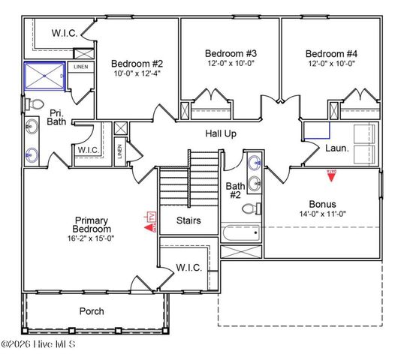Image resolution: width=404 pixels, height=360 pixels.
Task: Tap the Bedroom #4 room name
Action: click(330, 53)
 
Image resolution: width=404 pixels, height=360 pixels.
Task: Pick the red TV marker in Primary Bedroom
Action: click(148, 223)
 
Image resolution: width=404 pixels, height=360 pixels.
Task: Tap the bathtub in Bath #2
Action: click(243, 232)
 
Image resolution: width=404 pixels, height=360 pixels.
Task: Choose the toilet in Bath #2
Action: click(257, 209)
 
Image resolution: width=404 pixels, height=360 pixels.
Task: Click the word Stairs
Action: click(188, 220)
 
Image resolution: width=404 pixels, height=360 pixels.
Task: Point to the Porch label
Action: click(92, 310)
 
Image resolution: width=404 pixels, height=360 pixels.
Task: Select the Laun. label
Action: click(336, 148)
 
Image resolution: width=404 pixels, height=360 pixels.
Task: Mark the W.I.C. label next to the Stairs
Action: click(188, 267)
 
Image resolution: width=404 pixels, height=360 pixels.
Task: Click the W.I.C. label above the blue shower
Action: click(65, 33)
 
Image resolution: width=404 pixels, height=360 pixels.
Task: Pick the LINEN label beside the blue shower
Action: click(80, 67)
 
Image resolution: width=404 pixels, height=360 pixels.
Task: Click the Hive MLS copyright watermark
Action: click(44, 345)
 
